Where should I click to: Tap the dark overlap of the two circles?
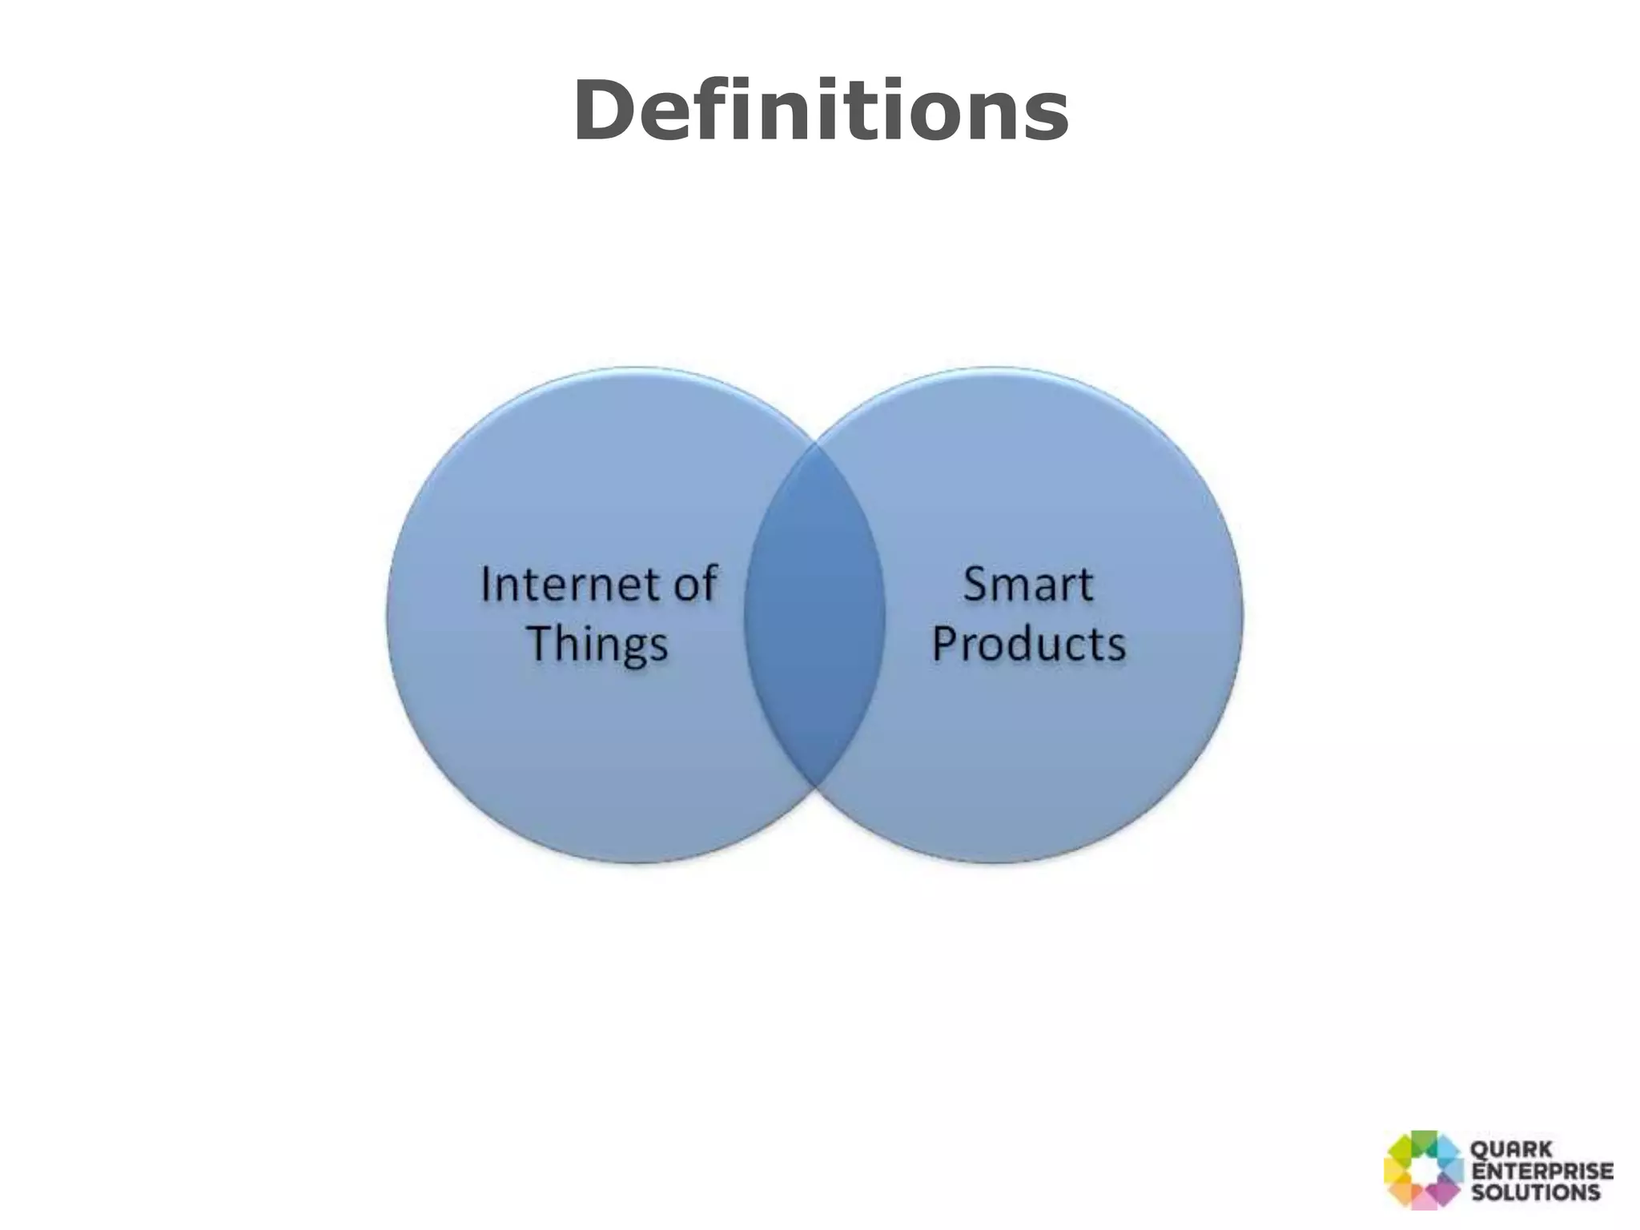[x=814, y=614]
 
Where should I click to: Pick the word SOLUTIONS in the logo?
[x=1535, y=1192]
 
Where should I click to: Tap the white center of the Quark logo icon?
[x=1423, y=1170]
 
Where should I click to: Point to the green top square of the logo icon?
[x=1425, y=1142]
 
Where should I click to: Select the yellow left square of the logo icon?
[x=1396, y=1171]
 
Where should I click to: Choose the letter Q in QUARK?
[x=1481, y=1151]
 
